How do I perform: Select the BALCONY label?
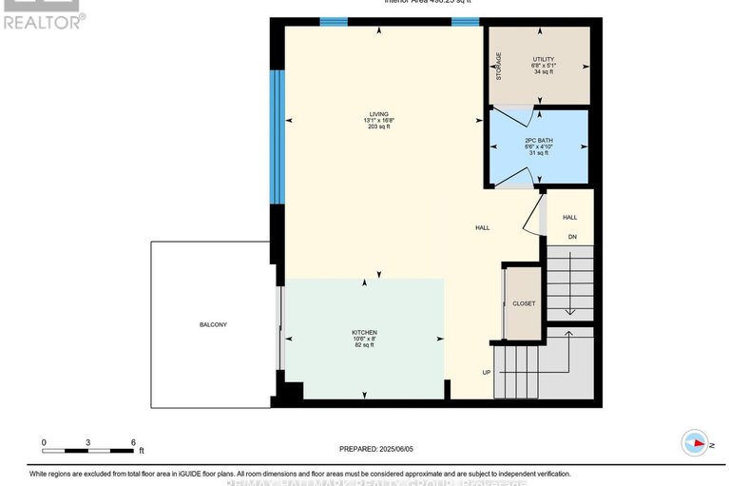click(x=213, y=324)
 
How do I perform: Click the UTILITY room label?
click(x=543, y=59)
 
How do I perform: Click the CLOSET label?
click(x=524, y=303)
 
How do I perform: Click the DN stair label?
click(x=571, y=237)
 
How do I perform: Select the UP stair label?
click(x=486, y=372)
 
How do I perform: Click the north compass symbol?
click(x=695, y=442)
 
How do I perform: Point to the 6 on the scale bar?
click(x=133, y=442)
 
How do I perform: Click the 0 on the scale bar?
click(x=44, y=442)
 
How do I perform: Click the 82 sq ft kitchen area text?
click(x=364, y=345)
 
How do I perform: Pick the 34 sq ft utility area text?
click(x=543, y=72)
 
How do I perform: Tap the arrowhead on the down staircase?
click(x=567, y=310)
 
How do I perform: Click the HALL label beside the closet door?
click(x=482, y=228)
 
